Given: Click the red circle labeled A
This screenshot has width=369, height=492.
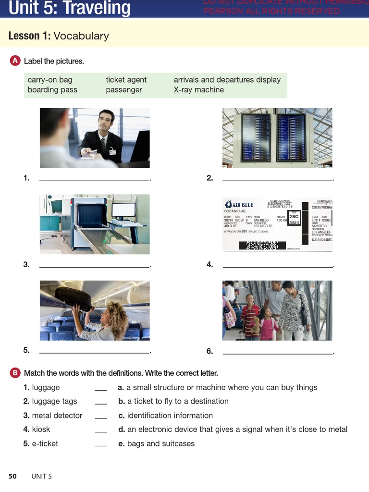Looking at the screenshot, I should [x=15, y=61].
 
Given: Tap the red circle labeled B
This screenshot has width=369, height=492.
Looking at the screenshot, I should [x=15, y=373].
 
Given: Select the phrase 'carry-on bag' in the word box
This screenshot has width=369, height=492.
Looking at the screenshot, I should [x=50, y=80].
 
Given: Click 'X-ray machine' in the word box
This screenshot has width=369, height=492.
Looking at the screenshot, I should [x=198, y=90].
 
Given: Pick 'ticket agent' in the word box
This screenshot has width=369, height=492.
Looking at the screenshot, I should [x=126, y=80].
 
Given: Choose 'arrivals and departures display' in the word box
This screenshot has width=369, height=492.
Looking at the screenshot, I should [x=227, y=80].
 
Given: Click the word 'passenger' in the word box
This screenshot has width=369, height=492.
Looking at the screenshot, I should [x=123, y=90].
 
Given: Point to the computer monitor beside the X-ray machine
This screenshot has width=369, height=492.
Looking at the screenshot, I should [x=123, y=210].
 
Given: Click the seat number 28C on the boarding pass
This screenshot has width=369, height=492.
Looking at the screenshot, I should [x=294, y=216].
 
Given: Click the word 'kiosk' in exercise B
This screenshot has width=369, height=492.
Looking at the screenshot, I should [x=41, y=430].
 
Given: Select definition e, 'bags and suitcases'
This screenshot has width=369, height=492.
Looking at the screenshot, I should [x=160, y=443].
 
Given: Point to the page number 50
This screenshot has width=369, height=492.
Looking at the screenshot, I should [x=12, y=476].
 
